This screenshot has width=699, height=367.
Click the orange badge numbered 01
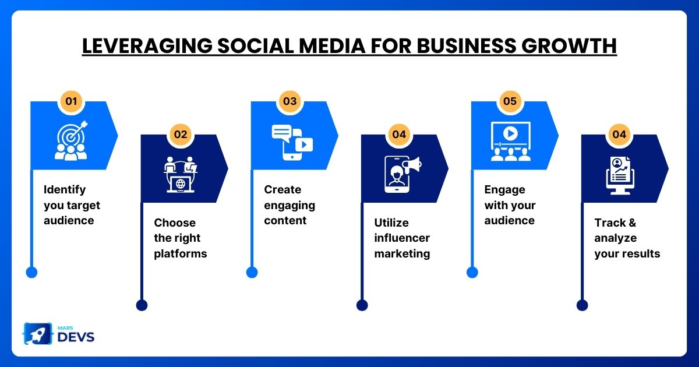(71, 101)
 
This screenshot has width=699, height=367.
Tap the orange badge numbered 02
(181, 134)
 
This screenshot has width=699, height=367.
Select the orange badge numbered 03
(290, 101)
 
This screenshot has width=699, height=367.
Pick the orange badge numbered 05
(510, 101)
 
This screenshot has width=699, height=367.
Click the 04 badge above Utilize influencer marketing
(399, 134)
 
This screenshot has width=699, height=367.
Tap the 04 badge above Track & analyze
(619, 134)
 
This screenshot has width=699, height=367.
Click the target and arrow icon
(72, 135)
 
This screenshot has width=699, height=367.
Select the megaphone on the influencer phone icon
(412, 165)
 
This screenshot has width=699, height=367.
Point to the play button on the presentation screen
(510, 133)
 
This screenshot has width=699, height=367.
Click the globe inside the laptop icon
(181, 184)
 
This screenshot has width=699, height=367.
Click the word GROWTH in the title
(569, 46)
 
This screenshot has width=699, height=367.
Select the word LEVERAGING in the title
(147, 46)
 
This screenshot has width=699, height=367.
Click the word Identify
(65, 190)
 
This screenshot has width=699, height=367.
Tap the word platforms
(181, 254)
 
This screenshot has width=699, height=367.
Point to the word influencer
(402, 238)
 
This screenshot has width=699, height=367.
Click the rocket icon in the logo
(38, 334)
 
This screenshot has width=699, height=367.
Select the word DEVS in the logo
(76, 337)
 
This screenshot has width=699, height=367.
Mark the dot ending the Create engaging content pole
(252, 272)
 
